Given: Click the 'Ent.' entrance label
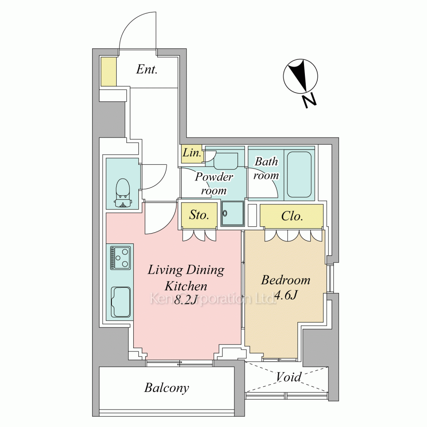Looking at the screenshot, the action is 147,69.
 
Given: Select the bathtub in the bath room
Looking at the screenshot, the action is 299,174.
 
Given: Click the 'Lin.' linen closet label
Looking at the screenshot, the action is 192,153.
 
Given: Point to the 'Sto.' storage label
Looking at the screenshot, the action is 199,215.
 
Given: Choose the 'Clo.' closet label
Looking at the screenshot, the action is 292,216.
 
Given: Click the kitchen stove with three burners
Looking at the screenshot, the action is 120,257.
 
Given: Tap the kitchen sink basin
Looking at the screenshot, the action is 121,302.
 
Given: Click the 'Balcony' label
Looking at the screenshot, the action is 167,388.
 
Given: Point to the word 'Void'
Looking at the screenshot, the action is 288,377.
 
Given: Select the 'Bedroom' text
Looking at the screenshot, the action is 285,280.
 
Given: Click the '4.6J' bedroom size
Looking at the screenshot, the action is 286,295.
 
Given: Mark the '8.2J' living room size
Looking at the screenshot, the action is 186,300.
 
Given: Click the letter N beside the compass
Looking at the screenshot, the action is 310,101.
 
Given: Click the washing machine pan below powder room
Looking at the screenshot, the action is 232,213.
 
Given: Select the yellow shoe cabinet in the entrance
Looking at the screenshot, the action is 108,72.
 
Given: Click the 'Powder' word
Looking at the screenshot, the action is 214,177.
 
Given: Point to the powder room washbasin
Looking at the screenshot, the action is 225,161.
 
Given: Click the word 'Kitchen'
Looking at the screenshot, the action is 186,286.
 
